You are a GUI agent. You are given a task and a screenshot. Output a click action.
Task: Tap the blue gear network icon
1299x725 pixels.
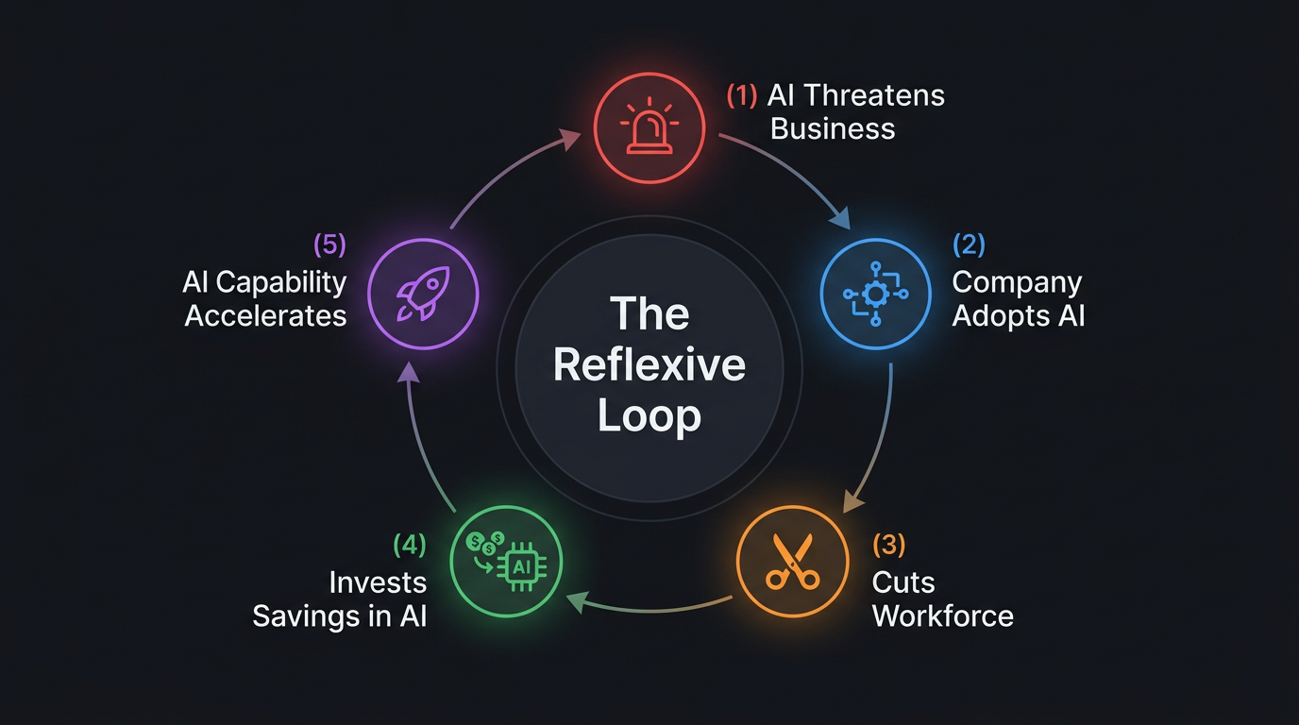[876, 295]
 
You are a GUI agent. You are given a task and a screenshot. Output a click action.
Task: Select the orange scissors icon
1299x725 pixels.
[791, 563]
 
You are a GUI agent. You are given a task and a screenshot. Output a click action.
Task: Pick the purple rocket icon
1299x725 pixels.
[423, 295]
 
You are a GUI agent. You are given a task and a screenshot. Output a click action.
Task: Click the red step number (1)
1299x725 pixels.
[742, 95]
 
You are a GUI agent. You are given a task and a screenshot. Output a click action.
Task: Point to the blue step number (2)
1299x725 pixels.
[969, 244]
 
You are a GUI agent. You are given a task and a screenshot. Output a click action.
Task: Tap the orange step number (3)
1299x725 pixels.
[888, 545]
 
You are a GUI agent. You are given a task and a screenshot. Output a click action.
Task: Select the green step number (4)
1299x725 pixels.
[409, 545]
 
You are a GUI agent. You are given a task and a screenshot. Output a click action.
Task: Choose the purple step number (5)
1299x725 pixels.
[329, 244]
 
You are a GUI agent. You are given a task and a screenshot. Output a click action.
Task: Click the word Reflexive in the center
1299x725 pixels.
[649, 365]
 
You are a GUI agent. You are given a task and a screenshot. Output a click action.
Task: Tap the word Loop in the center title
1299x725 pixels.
[649, 415]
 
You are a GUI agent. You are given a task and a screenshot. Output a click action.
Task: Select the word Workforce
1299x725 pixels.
[942, 616]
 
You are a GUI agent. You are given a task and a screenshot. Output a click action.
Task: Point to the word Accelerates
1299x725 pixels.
[265, 315]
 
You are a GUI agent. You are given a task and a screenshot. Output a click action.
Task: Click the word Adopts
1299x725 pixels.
[998, 315]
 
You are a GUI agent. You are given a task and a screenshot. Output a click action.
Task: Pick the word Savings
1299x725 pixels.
[305, 616]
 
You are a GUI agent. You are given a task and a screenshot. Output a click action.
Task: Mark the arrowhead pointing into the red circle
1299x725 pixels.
[570, 137]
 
